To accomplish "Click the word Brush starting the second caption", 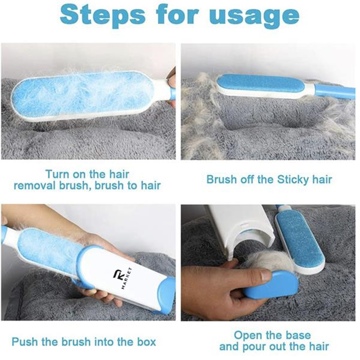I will tap(221, 180).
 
